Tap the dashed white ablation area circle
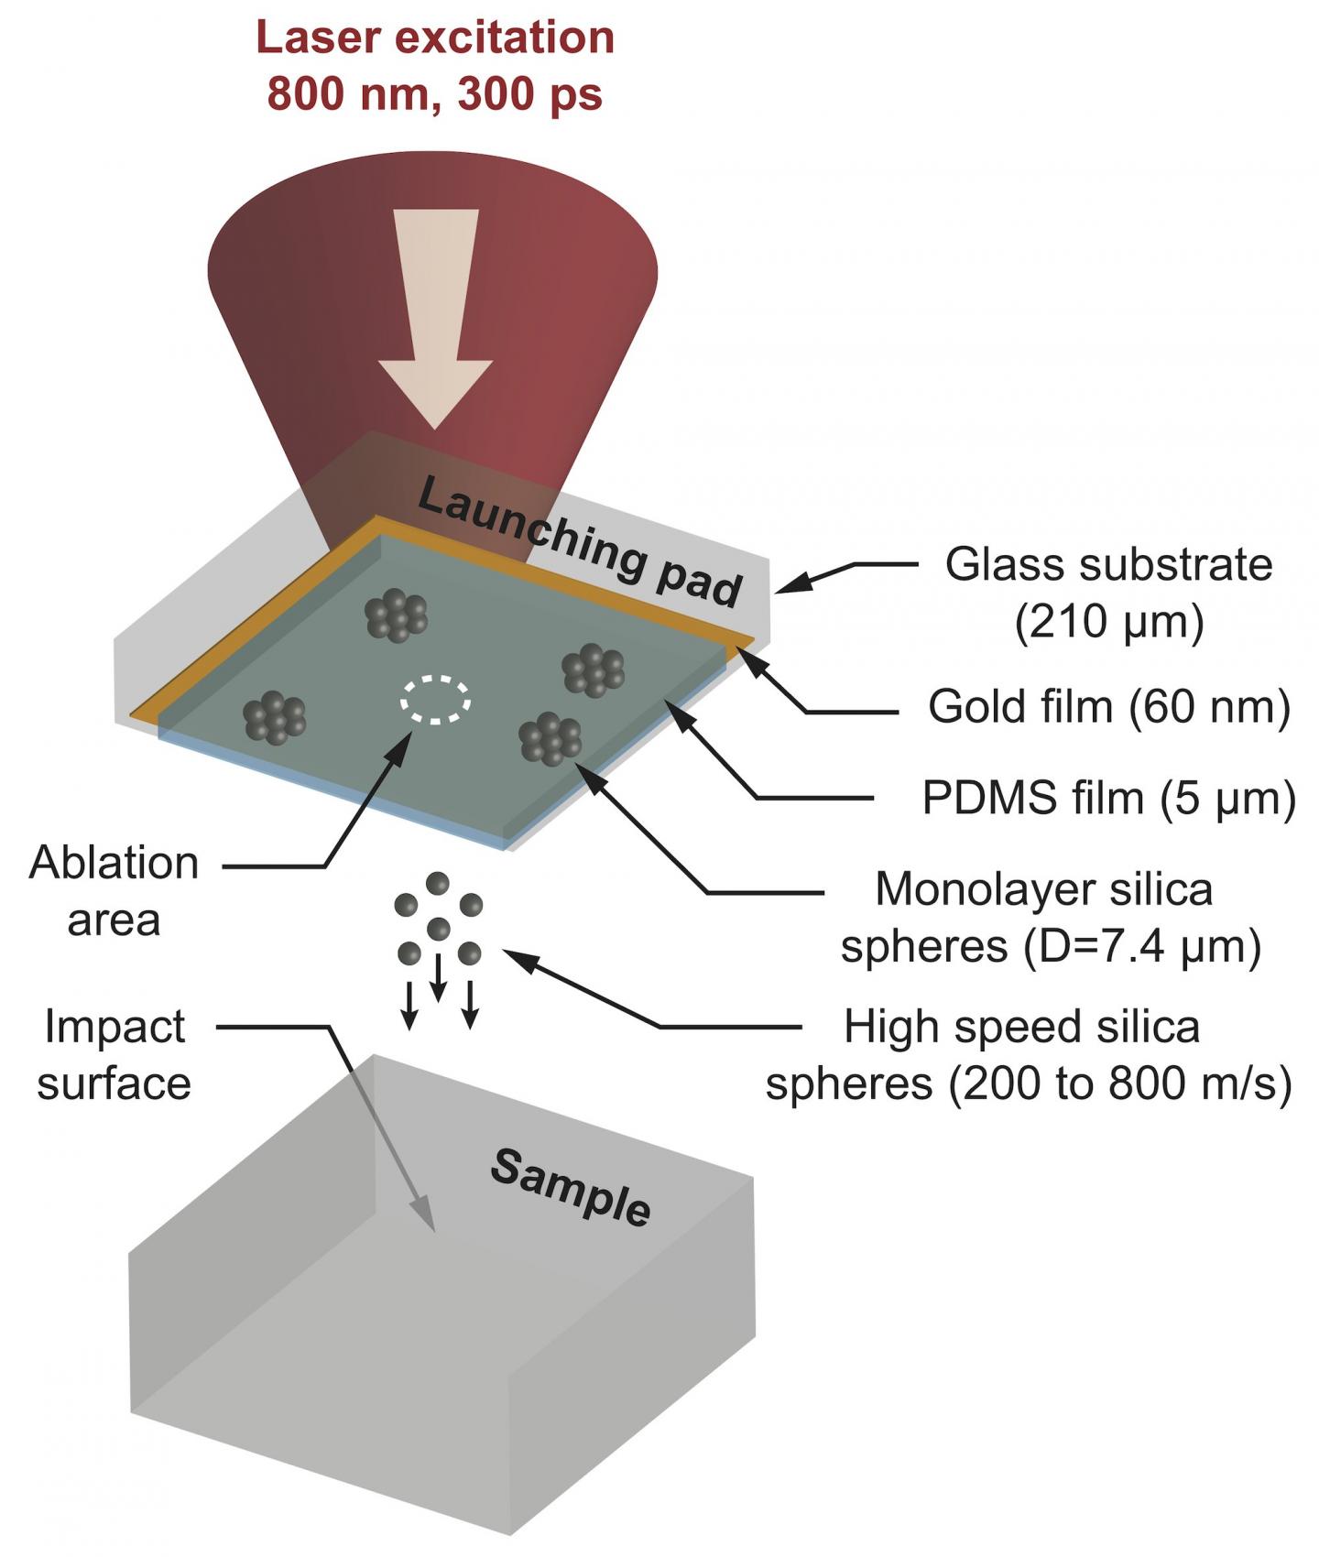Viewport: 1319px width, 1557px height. pyautogui.click(x=436, y=700)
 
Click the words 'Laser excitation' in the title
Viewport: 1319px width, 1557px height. pyautogui.click(x=435, y=38)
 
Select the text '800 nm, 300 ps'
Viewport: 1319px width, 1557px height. pyautogui.click(x=435, y=93)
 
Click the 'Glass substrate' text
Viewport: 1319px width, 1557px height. pyautogui.click(x=1108, y=565)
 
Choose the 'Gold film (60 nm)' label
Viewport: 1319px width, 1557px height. pyautogui.click(x=1108, y=706)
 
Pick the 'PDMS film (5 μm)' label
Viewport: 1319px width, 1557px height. pyautogui.click(x=1108, y=799)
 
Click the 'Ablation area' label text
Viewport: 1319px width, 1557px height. pyautogui.click(x=114, y=891)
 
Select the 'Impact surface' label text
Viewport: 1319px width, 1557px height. pyautogui.click(x=114, y=1055)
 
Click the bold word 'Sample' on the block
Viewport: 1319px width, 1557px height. pyautogui.click(x=571, y=1188)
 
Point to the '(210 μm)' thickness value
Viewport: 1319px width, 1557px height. pyautogui.click(x=1108, y=623)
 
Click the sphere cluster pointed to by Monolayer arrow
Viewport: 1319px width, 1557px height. pyautogui.click(x=550, y=738)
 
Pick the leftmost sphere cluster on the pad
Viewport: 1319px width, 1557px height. pyautogui.click(x=274, y=716)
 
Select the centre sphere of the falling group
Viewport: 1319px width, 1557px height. pyautogui.click(x=439, y=928)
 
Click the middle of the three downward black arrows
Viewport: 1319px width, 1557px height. pyautogui.click(x=439, y=977)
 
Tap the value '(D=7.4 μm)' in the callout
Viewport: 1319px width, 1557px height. pyautogui.click(x=1141, y=946)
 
